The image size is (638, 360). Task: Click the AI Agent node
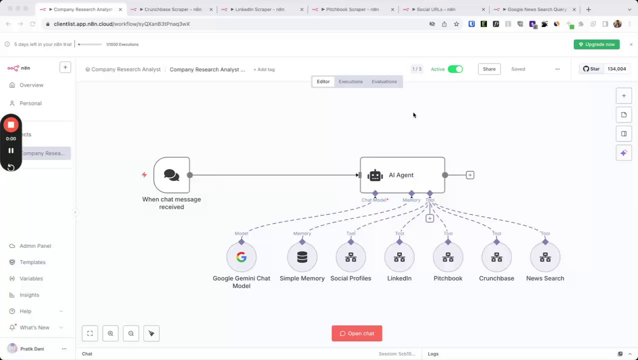tap(402, 175)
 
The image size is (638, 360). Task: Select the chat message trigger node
tap(171, 175)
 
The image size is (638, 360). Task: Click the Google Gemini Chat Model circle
tap(241, 257)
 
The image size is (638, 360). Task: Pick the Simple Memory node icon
tap(302, 257)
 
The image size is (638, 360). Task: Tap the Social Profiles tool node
tap(350, 257)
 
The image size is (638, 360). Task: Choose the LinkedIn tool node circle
tap(399, 257)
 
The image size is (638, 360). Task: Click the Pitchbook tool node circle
tap(448, 257)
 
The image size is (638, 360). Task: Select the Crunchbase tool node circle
tap(496, 257)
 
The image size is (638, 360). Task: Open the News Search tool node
tap(545, 257)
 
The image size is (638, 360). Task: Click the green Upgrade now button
tap(596, 44)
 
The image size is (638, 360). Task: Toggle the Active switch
tap(455, 69)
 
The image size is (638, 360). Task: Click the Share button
tap(489, 69)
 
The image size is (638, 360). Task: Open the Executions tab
tap(350, 81)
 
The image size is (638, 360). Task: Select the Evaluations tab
tap(384, 81)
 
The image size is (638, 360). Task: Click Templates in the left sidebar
tap(32, 262)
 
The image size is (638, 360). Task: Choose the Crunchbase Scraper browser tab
tap(172, 9)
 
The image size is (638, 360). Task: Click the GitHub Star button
tap(591, 69)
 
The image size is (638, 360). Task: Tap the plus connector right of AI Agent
tap(470, 175)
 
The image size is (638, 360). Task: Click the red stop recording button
tap(11, 124)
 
